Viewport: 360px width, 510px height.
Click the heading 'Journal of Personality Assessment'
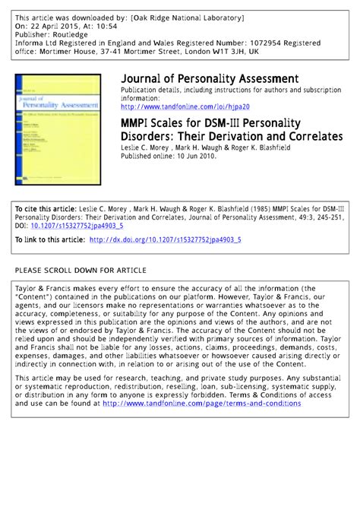tap(209, 79)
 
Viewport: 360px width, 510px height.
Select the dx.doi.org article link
tap(165, 240)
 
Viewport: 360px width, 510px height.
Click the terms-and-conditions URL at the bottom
tap(201, 404)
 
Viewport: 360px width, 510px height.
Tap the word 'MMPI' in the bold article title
tap(137, 123)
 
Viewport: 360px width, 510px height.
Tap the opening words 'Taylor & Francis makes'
tap(57, 290)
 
